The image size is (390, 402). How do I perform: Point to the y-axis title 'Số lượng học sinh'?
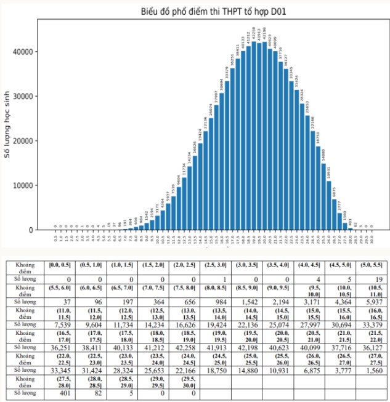point(8,124)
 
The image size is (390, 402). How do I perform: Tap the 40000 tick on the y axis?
point(25,51)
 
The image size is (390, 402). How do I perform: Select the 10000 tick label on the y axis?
point(25,185)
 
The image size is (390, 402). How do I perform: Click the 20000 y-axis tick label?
point(25,140)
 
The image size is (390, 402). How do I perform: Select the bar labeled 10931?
point(328,206)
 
